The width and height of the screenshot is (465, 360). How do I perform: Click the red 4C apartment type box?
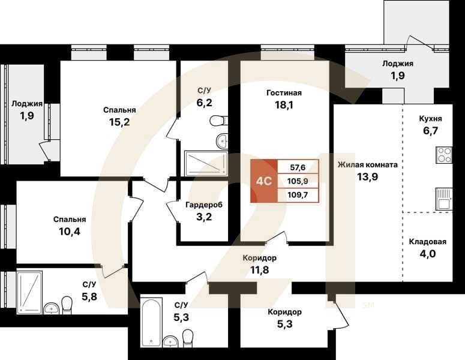[263, 181]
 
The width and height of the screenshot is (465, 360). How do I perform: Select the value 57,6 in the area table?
[298, 167]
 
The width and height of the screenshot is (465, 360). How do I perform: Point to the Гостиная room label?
[284, 93]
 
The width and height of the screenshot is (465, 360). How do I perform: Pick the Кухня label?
[430, 119]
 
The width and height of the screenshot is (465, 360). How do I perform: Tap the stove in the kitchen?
[444, 155]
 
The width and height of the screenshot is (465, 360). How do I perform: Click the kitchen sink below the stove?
[444, 198]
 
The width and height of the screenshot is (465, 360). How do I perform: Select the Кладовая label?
[428, 242]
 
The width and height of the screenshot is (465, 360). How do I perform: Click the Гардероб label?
[203, 205]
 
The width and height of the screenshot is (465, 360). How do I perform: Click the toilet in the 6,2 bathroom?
[217, 121]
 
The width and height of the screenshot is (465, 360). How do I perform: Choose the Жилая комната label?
[367, 164]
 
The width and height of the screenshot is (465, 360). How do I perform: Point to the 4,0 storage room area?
[428, 254]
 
